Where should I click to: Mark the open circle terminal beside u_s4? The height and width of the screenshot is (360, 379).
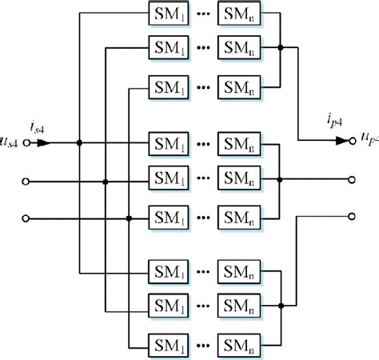28,144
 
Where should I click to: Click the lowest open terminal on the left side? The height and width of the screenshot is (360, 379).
28,218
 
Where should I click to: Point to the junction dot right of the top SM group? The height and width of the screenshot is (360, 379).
280,48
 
